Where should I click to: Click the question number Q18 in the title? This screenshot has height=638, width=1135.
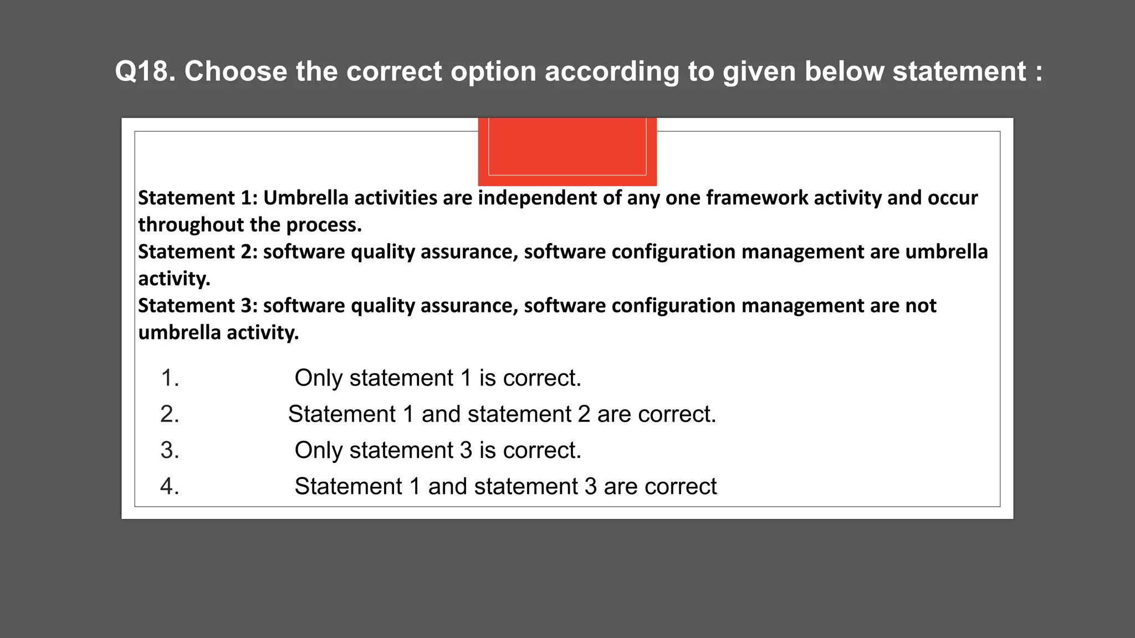(145, 71)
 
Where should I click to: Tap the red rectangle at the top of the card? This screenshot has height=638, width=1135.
(567, 151)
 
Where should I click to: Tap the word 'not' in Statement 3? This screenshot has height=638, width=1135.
(921, 306)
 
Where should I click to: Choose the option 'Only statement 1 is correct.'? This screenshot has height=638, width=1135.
(438, 378)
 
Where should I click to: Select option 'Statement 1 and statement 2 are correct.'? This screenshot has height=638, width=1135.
(502, 414)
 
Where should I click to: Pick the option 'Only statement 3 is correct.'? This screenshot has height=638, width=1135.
(438, 450)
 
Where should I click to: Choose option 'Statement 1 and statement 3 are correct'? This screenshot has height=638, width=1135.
(505, 486)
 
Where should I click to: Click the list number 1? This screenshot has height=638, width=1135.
(170, 378)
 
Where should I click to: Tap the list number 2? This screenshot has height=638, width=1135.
(170, 414)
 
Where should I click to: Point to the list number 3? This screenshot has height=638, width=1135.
(170, 450)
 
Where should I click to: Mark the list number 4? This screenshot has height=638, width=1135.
(170, 486)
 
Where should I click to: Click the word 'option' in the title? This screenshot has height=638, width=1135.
(493, 71)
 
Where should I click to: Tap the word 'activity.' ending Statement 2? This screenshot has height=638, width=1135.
(174, 279)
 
